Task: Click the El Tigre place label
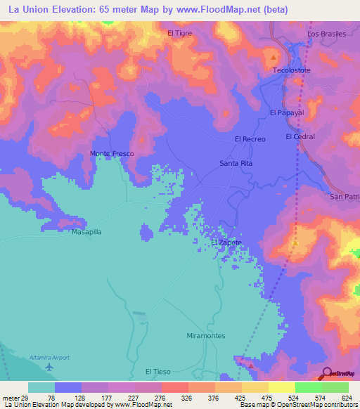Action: click(180, 33)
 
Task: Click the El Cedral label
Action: click(300, 136)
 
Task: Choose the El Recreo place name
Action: click(250, 139)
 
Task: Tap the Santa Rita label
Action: click(236, 163)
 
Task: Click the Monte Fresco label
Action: click(112, 153)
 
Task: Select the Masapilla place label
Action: click(87, 231)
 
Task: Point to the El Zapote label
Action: click(226, 242)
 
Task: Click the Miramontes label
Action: click(206, 336)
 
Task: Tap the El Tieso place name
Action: click(158, 371)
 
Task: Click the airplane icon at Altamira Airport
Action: click(49, 367)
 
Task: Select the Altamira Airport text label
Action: click(49, 358)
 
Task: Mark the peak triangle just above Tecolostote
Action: click(274, 56)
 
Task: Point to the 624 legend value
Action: click(347, 397)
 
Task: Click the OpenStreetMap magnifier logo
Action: click(326, 374)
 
